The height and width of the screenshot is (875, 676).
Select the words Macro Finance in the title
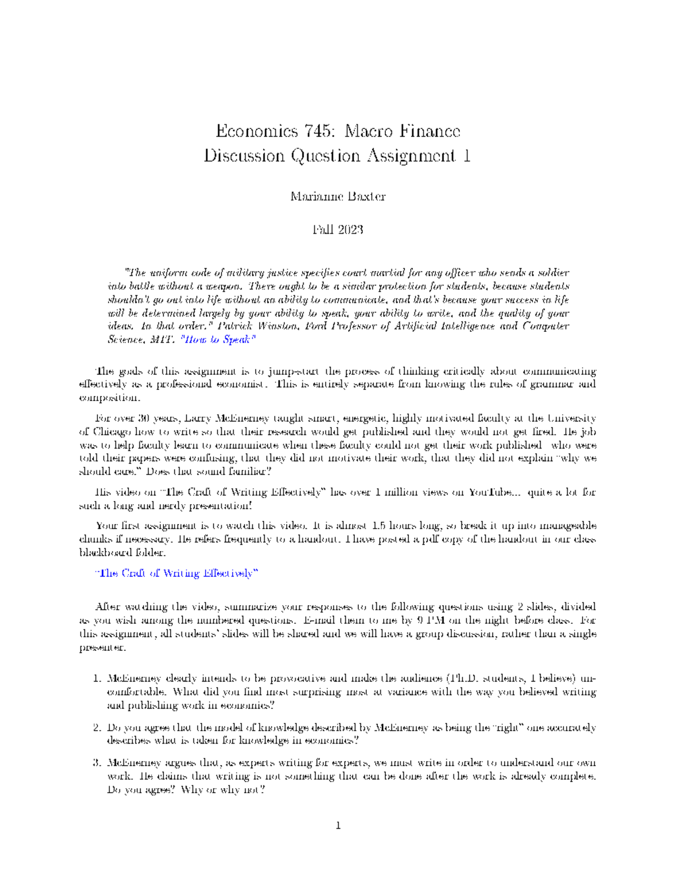402,132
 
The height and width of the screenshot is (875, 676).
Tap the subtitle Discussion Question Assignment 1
337,156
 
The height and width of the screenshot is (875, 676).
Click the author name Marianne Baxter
337,197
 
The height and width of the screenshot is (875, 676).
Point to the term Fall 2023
337,230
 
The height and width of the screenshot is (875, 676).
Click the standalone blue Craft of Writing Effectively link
176,574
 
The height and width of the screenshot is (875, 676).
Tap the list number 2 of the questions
96,728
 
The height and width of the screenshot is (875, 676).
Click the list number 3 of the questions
96,763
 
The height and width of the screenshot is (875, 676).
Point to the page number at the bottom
338,827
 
